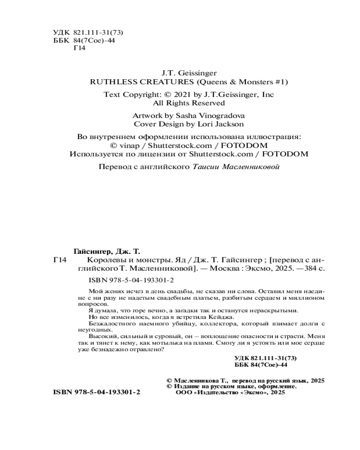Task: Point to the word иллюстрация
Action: pos(276,136)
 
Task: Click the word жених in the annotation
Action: pos(113,291)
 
